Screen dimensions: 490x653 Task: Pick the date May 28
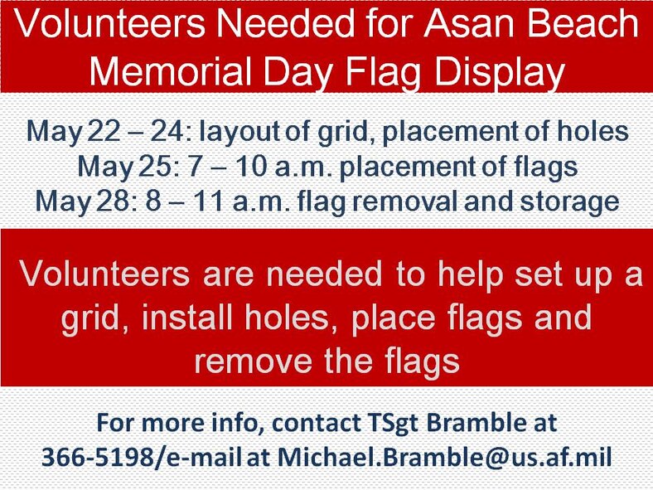[x=70, y=201]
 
